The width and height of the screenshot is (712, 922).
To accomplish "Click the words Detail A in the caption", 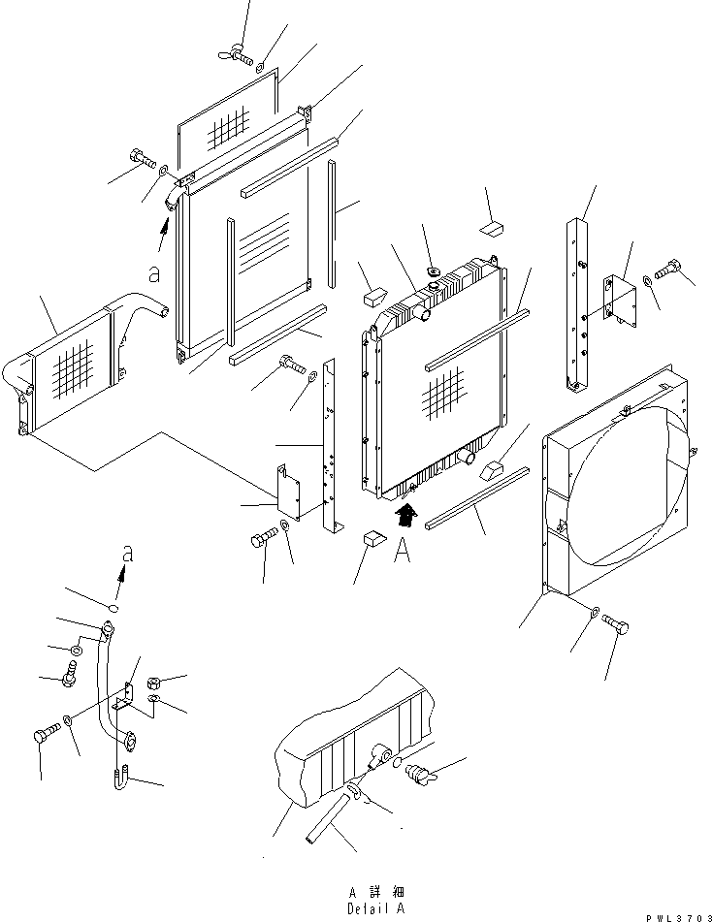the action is (x=376, y=908).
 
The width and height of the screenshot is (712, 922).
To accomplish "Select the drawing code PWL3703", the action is (x=678, y=918).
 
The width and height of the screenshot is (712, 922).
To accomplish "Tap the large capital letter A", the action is (x=402, y=551).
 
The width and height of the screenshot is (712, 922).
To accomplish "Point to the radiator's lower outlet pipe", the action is (x=466, y=456).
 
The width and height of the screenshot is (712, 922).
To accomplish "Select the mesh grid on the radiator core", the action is (x=443, y=394).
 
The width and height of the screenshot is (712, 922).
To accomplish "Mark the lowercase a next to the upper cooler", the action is (x=154, y=273).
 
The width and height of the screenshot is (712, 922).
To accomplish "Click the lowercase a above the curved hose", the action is (x=128, y=554).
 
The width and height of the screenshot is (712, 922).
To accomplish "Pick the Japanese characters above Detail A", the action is (x=376, y=893).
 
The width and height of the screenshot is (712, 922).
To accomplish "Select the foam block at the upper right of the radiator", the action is (x=492, y=228).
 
